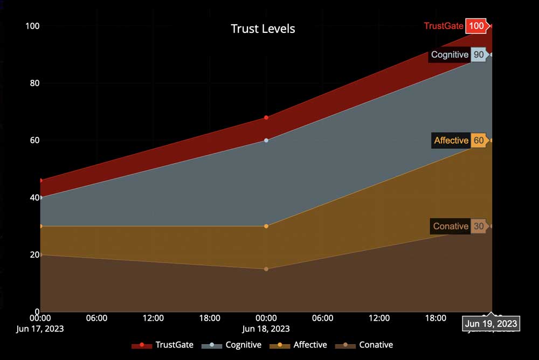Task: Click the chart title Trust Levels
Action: coord(263,29)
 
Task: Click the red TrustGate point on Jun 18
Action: coord(266,117)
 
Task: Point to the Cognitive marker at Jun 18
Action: coord(266,140)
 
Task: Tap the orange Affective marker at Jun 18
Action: coord(266,226)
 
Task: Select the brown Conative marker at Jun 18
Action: coord(266,269)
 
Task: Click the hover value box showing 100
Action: coord(476,26)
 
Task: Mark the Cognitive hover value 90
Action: coord(478,54)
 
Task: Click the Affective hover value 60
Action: coord(478,141)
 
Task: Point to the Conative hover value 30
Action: coord(478,226)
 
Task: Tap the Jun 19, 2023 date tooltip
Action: coord(490,324)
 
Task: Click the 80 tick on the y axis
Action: coord(33,84)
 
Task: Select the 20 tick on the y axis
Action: coord(33,255)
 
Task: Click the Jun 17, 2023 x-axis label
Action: coord(40,328)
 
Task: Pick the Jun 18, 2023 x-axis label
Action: coord(266,328)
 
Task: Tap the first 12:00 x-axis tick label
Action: coord(153,318)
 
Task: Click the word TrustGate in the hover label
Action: coord(444,26)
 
